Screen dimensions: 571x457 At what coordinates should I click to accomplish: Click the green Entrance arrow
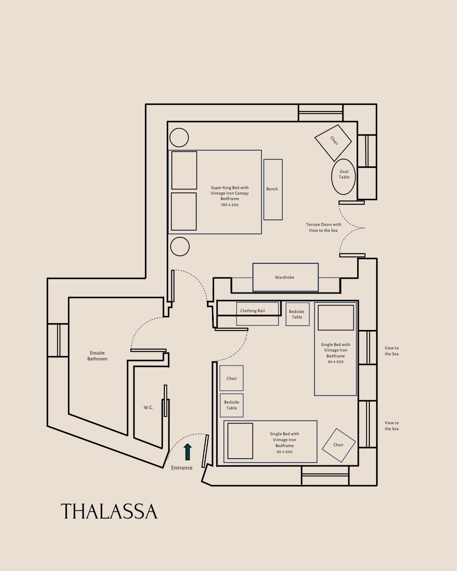point(187,452)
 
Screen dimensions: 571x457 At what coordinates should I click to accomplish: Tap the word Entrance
point(182,468)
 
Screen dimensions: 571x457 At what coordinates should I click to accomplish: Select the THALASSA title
point(109,512)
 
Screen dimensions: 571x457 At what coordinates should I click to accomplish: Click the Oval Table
point(344,176)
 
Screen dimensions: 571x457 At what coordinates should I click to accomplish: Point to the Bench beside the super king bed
point(273,189)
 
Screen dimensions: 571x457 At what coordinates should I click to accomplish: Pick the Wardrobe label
point(284,277)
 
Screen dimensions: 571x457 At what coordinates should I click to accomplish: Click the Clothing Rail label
point(253,311)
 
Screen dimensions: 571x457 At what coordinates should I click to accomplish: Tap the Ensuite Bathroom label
point(97,356)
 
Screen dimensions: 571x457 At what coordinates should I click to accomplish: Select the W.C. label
point(148,408)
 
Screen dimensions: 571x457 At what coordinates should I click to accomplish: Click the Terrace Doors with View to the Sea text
point(324,228)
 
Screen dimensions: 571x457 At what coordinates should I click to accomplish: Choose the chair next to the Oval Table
point(333,143)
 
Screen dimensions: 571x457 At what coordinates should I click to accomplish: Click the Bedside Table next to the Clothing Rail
point(297,314)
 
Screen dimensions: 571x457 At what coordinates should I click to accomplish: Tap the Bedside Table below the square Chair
point(231,405)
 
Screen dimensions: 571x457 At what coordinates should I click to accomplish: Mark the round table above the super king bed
point(179,137)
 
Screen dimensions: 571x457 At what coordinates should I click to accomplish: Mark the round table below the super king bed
point(179,247)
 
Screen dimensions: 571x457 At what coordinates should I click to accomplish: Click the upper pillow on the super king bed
point(184,170)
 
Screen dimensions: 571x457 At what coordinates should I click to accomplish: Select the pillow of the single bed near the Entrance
point(240,441)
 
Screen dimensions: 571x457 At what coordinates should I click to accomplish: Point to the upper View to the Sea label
point(391,351)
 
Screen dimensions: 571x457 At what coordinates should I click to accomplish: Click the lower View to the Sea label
point(391,426)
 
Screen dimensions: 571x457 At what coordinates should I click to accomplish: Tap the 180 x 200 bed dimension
point(230,205)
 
